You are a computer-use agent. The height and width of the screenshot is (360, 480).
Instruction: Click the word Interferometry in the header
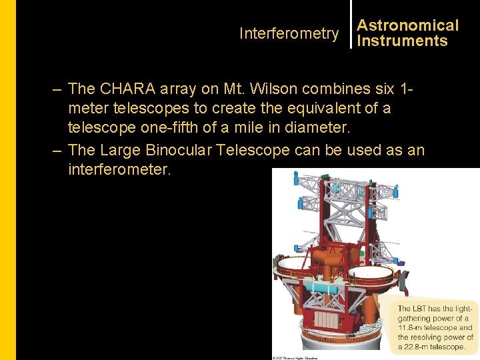point(289,33)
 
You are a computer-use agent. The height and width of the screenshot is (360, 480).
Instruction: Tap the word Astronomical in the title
point(408,25)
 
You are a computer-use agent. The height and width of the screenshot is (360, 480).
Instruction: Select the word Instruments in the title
point(402,41)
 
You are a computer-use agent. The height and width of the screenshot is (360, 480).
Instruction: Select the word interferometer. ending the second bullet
point(119,169)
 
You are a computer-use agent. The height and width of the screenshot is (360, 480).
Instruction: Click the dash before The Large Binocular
point(57,150)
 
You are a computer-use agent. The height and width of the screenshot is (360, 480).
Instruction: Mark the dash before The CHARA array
point(57,89)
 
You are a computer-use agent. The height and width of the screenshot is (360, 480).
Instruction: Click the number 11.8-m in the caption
point(412,327)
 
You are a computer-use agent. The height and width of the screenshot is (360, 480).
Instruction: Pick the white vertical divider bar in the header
point(351,24)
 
